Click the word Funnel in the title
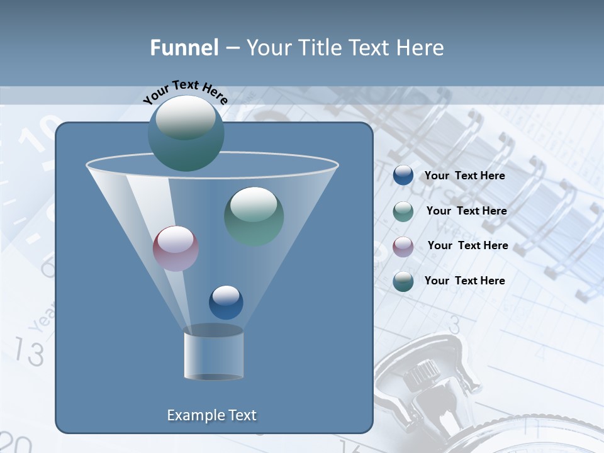(184, 48)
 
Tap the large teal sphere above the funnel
(186, 133)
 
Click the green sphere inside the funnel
(254, 216)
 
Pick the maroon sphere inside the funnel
(176, 249)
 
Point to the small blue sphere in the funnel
(226, 302)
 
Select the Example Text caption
(211, 415)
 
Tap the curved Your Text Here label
(185, 92)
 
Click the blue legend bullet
(403, 176)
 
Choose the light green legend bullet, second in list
(403, 211)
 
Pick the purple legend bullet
(403, 246)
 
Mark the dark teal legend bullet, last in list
(403, 281)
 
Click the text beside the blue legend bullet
(464, 176)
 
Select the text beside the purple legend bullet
(467, 245)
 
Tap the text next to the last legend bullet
(464, 281)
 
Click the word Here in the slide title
(421, 48)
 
